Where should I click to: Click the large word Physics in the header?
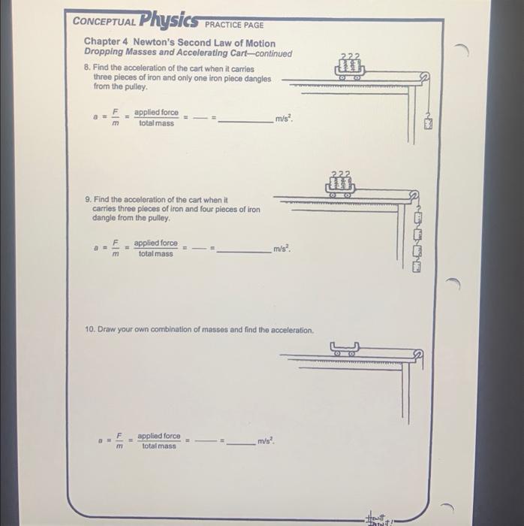(169, 20)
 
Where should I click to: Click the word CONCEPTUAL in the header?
(104, 22)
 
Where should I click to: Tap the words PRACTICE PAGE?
(234, 25)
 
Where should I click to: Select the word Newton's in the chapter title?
(154, 42)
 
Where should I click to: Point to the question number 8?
(87, 67)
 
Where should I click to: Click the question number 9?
(88, 199)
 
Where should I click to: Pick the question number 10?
(90, 329)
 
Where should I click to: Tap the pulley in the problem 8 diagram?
(424, 77)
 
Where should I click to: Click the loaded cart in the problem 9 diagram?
(340, 184)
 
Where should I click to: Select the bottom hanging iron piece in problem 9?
(416, 267)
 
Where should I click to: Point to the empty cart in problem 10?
(345, 349)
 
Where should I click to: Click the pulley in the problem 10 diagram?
(418, 354)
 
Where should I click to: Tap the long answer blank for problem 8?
(245, 122)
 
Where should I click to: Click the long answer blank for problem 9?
(244, 252)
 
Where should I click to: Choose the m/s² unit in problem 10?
(266, 440)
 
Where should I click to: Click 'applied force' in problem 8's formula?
(156, 113)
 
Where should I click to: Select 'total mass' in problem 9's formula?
(156, 254)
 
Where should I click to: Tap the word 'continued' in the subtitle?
(273, 53)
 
